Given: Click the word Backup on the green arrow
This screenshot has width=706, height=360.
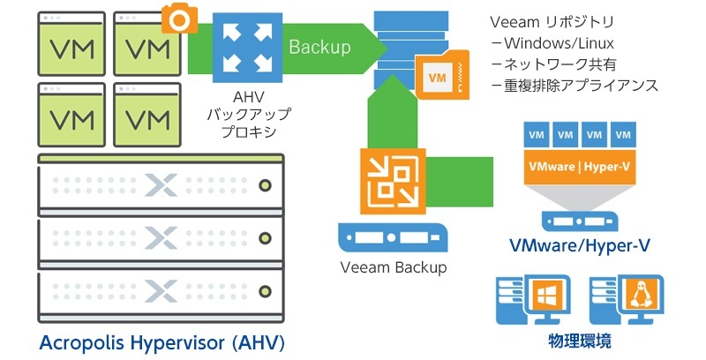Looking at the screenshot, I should pos(319,47).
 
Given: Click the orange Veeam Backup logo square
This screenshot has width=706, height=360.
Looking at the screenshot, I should pos(387,181).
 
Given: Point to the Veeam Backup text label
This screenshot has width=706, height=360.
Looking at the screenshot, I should pos(394,267).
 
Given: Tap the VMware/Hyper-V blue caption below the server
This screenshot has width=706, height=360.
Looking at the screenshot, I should pos(580,244).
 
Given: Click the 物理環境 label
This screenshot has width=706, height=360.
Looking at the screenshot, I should pos(579,340).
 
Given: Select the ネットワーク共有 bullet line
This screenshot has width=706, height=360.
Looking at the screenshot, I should pos(555,64).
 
